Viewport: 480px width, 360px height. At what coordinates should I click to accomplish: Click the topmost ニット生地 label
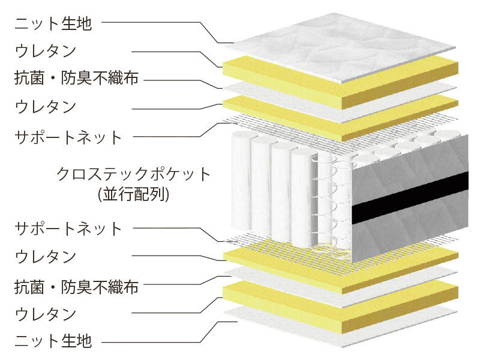tap(53, 23)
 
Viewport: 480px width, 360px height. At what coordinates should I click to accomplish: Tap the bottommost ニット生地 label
tap(53, 341)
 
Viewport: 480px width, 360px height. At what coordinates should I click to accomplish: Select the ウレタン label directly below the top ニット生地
tap(46, 51)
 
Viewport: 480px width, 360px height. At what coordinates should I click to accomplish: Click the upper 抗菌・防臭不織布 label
tap(76, 78)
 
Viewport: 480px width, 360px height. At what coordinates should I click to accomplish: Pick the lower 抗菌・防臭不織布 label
tap(76, 287)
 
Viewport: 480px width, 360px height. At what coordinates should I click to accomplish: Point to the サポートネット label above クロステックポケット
tap(68, 137)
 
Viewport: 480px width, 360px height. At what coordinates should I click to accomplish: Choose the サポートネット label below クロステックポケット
tap(68, 229)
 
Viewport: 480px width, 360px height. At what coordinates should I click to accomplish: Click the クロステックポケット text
tap(133, 174)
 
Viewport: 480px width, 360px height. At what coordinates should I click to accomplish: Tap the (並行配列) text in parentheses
tap(133, 194)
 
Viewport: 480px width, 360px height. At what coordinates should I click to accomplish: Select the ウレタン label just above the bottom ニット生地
tap(46, 314)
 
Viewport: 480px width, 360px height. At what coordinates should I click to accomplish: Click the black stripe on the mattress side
tap(410, 198)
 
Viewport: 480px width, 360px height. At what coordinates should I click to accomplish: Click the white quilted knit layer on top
tap(340, 47)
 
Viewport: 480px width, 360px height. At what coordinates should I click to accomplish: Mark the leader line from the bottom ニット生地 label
tap(169, 333)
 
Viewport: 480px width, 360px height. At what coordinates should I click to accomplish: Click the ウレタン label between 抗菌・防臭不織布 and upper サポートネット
tap(46, 107)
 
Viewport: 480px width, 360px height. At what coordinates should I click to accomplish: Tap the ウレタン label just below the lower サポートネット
tap(46, 256)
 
